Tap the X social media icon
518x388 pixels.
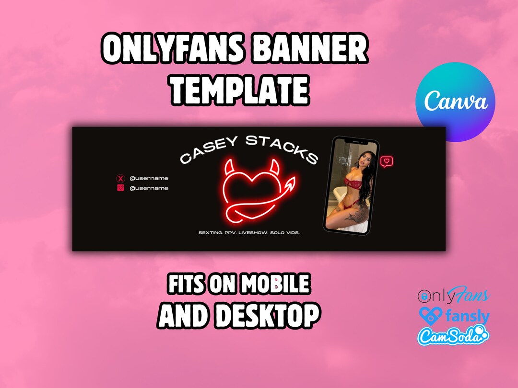pos(120,178)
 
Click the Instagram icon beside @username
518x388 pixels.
pos(120,188)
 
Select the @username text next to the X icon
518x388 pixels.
pos(149,178)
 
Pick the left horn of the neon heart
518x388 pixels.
pos(229,168)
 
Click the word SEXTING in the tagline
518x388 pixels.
pos(210,233)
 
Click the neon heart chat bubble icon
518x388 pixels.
pos(387,162)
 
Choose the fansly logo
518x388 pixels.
pos(453,316)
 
